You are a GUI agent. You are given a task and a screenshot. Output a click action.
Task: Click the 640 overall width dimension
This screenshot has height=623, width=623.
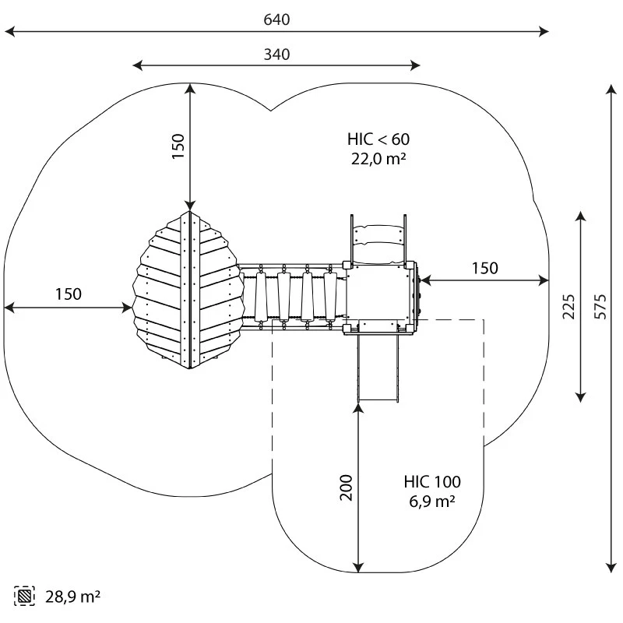(276, 19)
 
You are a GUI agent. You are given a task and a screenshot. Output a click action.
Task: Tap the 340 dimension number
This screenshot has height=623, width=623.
(276, 55)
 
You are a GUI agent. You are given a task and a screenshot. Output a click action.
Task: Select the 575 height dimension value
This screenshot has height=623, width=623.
(600, 306)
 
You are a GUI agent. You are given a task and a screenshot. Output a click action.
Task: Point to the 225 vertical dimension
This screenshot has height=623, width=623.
(568, 306)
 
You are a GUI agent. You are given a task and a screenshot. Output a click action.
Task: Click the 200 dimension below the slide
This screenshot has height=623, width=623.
(347, 487)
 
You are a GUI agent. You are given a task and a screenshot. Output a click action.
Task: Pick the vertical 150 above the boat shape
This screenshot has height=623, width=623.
(178, 146)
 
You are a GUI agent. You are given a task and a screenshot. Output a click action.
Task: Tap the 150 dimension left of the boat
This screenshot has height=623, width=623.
(68, 294)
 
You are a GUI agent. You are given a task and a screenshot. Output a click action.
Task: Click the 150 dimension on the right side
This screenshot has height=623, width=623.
(484, 269)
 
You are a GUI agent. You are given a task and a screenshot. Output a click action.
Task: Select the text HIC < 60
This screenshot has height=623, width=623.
(378, 139)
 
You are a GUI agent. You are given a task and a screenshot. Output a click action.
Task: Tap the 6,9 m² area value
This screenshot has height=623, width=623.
(432, 502)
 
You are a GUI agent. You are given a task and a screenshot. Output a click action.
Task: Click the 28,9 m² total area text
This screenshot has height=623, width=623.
(72, 597)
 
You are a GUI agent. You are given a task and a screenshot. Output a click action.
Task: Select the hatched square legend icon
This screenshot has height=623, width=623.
(26, 597)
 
